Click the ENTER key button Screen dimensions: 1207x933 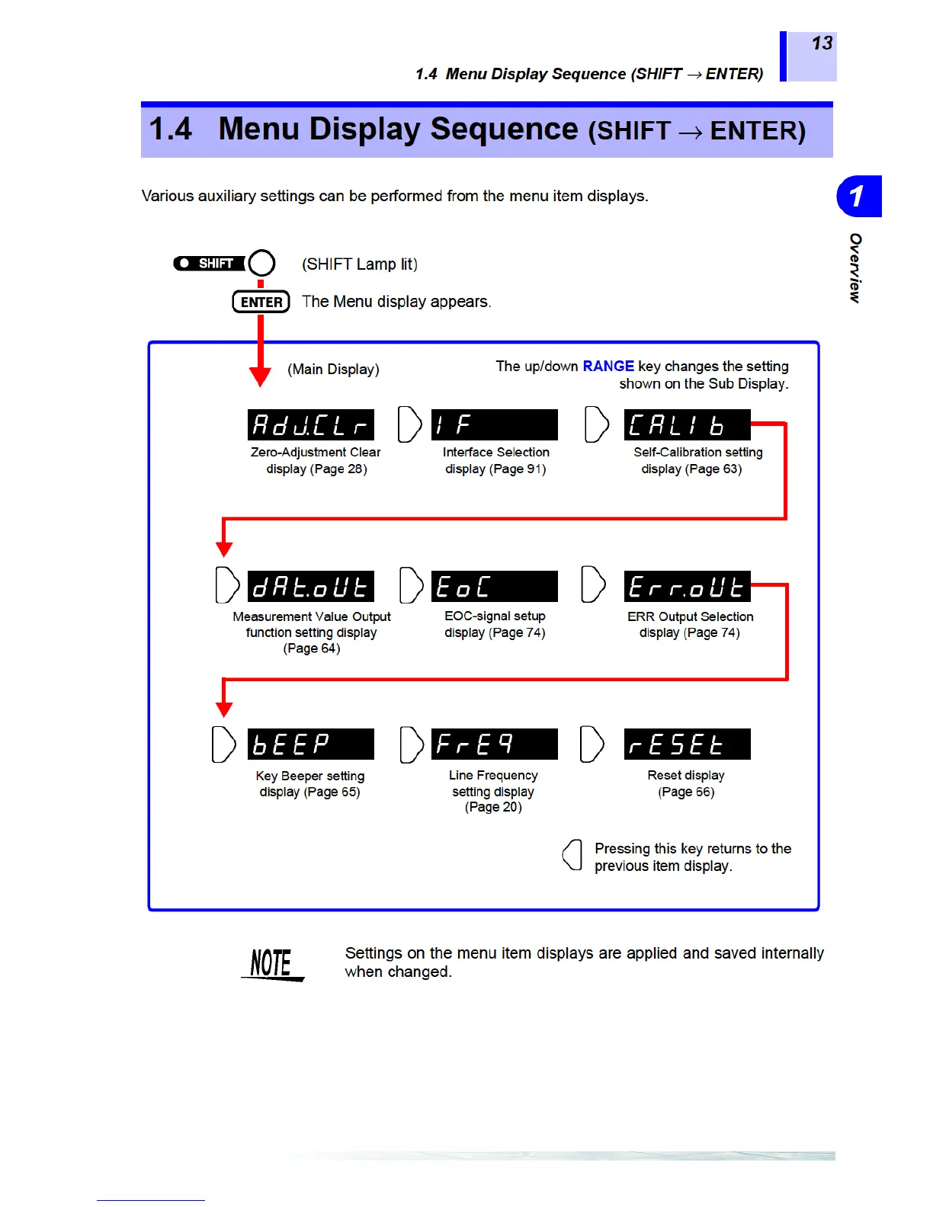point(261,302)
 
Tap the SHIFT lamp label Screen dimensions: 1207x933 point(209,263)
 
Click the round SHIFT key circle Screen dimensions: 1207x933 point(261,263)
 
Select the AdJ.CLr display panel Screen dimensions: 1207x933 point(311,424)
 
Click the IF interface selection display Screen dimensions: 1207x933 point(494,424)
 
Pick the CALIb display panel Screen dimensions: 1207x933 point(687,424)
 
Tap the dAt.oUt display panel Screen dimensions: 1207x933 point(311,586)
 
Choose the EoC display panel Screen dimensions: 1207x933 point(494,586)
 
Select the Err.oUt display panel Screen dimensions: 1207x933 point(687,586)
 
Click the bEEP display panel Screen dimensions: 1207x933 point(311,744)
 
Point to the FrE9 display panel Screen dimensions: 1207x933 point(494,744)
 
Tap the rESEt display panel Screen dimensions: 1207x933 point(687,744)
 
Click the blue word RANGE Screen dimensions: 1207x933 point(608,366)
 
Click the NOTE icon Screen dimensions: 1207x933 point(272,964)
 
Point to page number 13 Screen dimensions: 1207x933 point(822,43)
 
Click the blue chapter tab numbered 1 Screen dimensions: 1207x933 point(858,197)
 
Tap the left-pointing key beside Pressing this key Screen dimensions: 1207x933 point(572,855)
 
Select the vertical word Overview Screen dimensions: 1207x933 point(855,267)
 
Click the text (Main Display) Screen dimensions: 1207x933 point(333,370)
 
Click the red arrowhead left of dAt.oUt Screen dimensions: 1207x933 point(224,549)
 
